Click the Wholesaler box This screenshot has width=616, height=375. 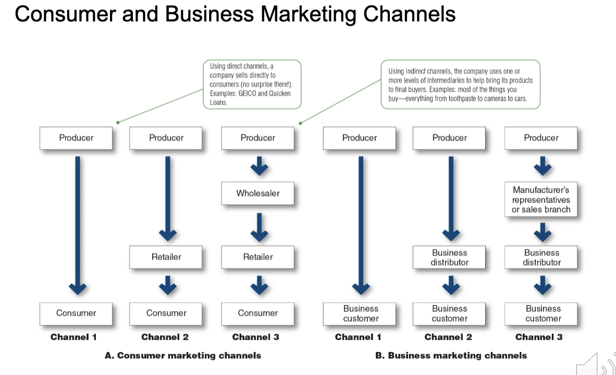(x=258, y=193)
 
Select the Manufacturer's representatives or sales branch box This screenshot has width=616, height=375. (x=541, y=199)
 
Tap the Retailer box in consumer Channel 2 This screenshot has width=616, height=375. (x=166, y=257)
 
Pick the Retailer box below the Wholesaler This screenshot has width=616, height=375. (x=258, y=257)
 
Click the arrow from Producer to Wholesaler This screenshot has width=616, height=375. (x=260, y=166)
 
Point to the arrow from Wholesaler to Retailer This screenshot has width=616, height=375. (x=260, y=228)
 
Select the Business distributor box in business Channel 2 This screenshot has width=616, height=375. (x=449, y=257)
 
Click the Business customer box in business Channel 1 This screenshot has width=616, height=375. (x=360, y=314)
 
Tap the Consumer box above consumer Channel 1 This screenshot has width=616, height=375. (x=76, y=314)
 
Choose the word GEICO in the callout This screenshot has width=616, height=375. (x=247, y=93)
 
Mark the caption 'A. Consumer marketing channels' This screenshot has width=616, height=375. (x=183, y=355)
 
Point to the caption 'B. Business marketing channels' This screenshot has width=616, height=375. (x=451, y=355)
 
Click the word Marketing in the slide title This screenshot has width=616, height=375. (x=309, y=15)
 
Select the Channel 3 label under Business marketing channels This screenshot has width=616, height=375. (x=539, y=337)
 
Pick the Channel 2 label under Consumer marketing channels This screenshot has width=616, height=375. (x=165, y=337)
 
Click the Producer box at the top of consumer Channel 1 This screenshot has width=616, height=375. (x=76, y=138)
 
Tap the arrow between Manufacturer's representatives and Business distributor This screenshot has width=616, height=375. (x=543, y=232)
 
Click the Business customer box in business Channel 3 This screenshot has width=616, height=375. (x=541, y=314)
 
